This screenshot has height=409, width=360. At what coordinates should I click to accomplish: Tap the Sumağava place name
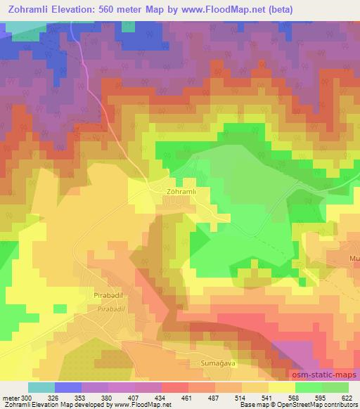click(211, 364)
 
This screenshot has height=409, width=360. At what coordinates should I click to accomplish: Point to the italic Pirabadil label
click(111, 309)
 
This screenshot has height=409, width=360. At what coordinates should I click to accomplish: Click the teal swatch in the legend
click(41, 387)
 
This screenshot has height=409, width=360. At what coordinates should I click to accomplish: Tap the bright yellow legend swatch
click(281, 387)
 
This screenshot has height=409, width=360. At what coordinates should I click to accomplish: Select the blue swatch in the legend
click(68, 387)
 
